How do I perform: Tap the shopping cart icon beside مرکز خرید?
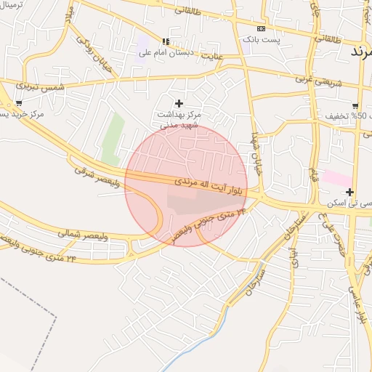pyautogui.click(x=18, y=103)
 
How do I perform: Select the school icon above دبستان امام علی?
pyautogui.click(x=166, y=41)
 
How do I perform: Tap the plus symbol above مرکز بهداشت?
pyautogui.click(x=179, y=103)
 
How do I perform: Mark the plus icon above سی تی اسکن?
pyautogui.click(x=350, y=193)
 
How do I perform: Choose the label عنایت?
pyautogui.click(x=212, y=55)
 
